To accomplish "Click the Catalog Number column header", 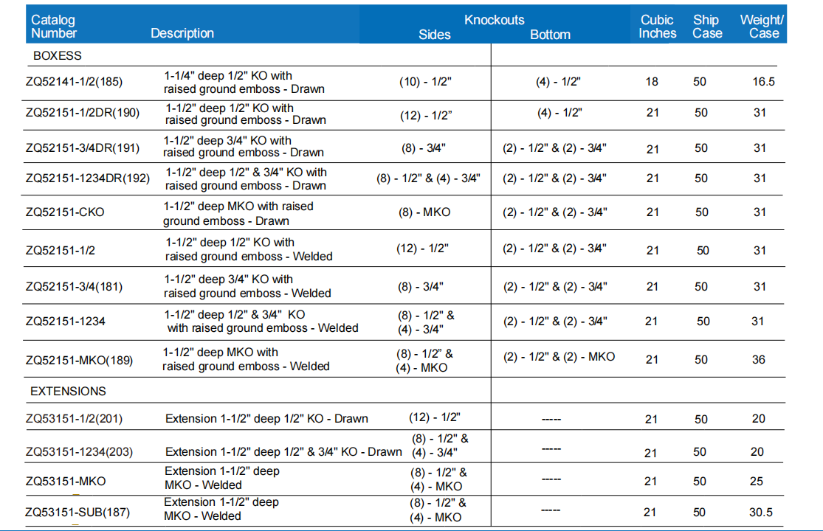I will [53, 27].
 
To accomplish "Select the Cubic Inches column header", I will [657, 27].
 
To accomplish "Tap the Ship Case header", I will [706, 27].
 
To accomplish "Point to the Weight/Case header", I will [762, 27].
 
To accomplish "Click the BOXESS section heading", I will [58, 55].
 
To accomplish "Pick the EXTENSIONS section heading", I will [68, 391].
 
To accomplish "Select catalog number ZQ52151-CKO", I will [65, 212].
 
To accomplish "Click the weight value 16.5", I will [763, 82].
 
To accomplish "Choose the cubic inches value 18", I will [652, 82].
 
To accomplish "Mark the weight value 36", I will [759, 360].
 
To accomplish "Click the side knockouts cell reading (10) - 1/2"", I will [425, 82].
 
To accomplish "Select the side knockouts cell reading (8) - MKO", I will [424, 212].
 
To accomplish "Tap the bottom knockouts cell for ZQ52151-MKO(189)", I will [559, 357].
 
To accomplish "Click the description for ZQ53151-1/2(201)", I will [266, 418].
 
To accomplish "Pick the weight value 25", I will [757, 481].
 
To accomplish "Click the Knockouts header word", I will [494, 20].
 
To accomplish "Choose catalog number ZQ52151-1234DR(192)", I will [87, 178].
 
